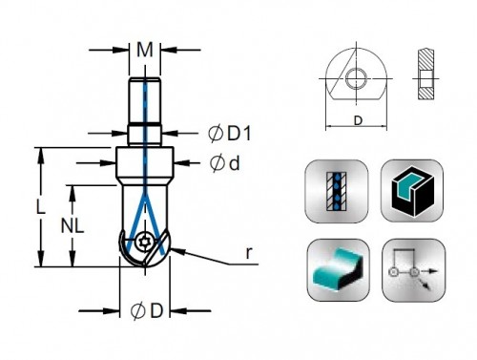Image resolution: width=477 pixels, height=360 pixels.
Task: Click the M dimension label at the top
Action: coord(145,50)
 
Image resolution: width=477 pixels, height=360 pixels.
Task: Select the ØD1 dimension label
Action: coord(230,134)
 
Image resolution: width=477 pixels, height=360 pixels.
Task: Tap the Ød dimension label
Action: coord(225,163)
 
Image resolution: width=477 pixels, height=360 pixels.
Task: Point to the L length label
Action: coord(40,206)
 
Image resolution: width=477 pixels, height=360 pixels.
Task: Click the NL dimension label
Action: coord(73,226)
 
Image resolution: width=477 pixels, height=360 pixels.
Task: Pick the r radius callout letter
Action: coord(249,252)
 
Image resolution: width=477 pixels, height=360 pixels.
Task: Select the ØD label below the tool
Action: coord(147,311)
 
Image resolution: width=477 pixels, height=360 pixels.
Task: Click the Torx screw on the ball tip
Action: coord(144,243)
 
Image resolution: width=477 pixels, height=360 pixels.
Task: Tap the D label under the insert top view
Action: coord(358,120)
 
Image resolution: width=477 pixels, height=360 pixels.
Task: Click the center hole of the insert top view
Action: coord(357,78)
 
